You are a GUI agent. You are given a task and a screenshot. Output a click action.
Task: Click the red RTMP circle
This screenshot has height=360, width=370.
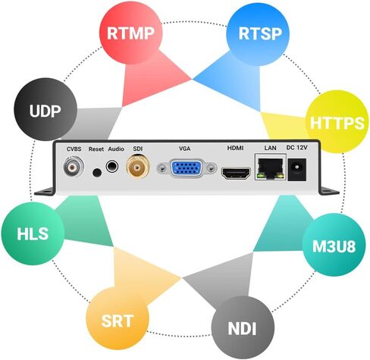tap(130, 33)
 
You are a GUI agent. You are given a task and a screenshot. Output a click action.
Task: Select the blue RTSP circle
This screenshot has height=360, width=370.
tap(258, 34)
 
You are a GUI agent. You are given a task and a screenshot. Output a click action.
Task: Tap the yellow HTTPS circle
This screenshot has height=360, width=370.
tap(337, 122)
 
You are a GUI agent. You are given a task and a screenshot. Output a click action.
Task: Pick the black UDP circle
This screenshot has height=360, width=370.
tap(45, 109)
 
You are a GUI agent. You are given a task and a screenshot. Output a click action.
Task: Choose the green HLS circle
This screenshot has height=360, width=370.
tap(33, 233)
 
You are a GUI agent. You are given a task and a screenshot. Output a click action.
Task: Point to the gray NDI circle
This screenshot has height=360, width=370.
tap(243, 327)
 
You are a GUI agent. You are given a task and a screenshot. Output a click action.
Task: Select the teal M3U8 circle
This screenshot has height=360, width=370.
tap(334, 245)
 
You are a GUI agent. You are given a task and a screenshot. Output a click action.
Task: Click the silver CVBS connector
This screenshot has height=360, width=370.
tap(74, 167)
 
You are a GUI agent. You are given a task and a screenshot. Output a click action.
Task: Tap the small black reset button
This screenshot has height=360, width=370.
tap(97, 173)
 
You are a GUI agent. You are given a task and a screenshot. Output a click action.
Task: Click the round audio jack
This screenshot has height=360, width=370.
tap(112, 167)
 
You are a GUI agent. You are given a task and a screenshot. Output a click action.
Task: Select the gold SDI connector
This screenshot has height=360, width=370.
tap(138, 167)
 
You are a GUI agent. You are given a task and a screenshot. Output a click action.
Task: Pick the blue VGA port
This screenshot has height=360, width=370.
tap(187, 168)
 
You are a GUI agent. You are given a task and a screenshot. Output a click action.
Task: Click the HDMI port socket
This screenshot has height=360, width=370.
tap(236, 174)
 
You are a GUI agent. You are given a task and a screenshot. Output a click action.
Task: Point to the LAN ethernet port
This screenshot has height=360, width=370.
tap(270, 167)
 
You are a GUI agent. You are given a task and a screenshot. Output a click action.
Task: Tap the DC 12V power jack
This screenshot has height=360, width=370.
tap(297, 170)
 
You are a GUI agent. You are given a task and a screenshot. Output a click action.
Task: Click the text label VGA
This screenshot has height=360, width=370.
tap(184, 149)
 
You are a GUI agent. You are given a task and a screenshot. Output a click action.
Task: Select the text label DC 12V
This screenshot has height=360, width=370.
tap(297, 147)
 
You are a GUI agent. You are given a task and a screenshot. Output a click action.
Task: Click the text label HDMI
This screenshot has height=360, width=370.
tap(235, 148)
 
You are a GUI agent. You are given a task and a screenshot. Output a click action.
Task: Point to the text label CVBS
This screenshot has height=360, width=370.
tap(74, 149)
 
